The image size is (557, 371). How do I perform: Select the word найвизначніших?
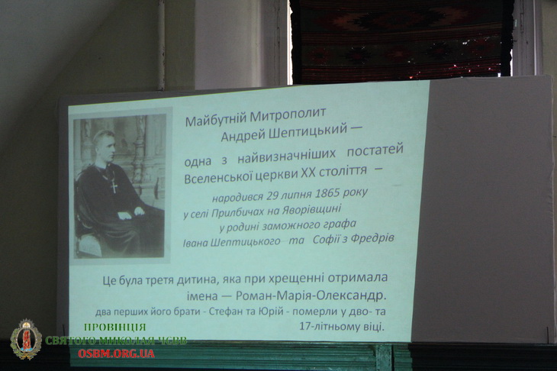point(286,156)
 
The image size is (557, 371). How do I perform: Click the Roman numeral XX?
point(308,173)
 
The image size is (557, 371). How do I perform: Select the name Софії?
point(325,240)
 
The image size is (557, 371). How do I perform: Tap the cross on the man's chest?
point(114,186)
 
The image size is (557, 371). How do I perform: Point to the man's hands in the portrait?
point(130,213)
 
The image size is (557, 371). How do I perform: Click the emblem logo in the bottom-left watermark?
point(26,339)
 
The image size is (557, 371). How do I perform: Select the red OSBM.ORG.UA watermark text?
point(116,353)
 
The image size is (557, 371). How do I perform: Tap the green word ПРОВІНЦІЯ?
point(114,327)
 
